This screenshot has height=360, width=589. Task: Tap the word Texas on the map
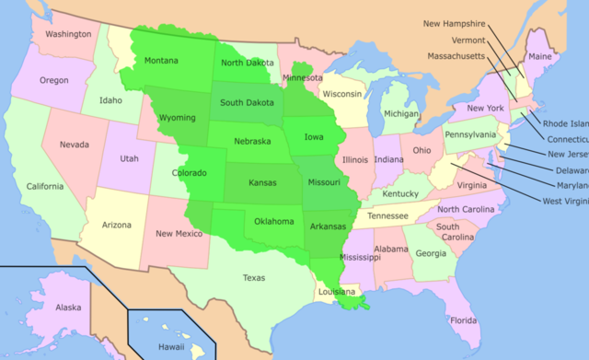[254, 277]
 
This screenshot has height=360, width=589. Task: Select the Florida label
[464, 320]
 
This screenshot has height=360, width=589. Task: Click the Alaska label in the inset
[68, 308]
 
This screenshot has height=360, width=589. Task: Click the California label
[44, 186]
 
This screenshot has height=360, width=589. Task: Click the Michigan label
[400, 113]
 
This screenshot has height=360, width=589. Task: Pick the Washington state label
[68, 34]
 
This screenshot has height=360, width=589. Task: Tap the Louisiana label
[336, 292]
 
